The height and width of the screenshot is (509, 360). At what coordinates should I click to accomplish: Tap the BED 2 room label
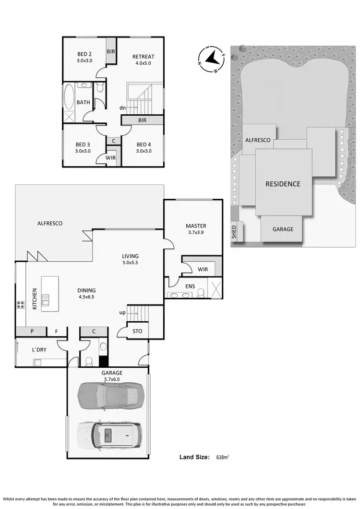point(85,57)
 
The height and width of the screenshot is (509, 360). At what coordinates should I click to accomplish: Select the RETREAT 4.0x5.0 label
point(143,60)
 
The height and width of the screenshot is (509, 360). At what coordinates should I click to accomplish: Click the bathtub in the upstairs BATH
point(68,97)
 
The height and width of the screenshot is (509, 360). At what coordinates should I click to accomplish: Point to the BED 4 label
point(144,147)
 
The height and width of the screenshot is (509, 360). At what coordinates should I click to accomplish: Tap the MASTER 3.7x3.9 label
point(196,229)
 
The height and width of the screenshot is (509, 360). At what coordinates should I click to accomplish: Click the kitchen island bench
point(50,293)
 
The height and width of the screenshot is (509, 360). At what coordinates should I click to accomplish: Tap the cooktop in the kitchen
point(21,304)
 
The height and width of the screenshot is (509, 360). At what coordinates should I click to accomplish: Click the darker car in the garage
point(110,394)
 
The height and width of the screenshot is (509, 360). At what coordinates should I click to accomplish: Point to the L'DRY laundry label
point(39,350)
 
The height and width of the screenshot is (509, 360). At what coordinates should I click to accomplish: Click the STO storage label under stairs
point(137,331)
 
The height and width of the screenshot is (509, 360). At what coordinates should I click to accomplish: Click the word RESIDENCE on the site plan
point(283,184)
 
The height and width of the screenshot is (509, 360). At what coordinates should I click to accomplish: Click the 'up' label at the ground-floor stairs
point(122,313)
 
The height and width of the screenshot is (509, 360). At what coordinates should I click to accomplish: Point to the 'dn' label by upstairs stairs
point(123,108)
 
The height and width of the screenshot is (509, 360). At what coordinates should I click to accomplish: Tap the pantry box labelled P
point(31,331)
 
